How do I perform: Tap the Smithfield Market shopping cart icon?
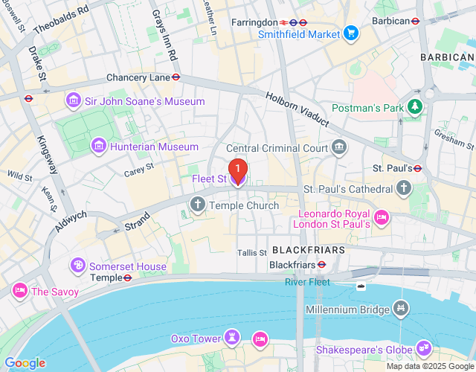(x=351, y=33)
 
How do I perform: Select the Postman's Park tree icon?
(x=415, y=108)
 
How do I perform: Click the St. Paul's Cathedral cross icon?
(x=404, y=187)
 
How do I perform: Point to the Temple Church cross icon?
(x=199, y=205)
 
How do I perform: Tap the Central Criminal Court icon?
(x=339, y=147)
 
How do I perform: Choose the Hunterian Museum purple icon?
(x=98, y=147)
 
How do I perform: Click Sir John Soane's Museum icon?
(x=73, y=100)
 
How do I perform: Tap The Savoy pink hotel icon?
(x=19, y=291)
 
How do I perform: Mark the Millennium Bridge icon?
(x=401, y=307)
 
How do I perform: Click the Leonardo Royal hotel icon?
(x=382, y=217)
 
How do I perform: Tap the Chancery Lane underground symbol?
(x=176, y=77)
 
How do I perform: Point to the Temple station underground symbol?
(x=127, y=278)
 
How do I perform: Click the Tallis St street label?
(x=252, y=253)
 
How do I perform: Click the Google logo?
(x=25, y=363)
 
